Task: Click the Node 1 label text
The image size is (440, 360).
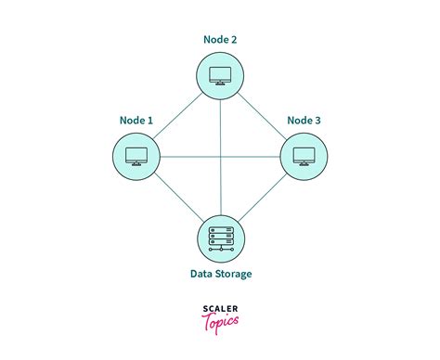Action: pyautogui.click(x=136, y=120)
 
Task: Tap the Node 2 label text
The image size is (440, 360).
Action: pyautogui.click(x=220, y=40)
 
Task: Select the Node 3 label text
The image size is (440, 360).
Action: pyautogui.click(x=304, y=120)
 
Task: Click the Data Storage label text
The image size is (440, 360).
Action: pyautogui.click(x=220, y=274)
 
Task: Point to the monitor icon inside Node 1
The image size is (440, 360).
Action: pyautogui.click(x=136, y=156)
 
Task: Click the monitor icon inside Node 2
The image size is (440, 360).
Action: pyautogui.click(x=220, y=75)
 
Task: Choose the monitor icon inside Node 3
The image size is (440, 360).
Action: pyautogui.click(x=304, y=156)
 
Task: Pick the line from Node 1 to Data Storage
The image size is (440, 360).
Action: pyautogui.click(x=178, y=196)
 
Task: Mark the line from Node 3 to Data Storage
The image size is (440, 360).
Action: pyautogui.click(x=262, y=196)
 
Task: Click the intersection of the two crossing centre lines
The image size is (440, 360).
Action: pyautogui.click(x=220, y=156)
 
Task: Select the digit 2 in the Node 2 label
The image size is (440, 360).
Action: pyautogui.click(x=233, y=40)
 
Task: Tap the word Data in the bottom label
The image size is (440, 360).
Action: pyautogui.click(x=200, y=274)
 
